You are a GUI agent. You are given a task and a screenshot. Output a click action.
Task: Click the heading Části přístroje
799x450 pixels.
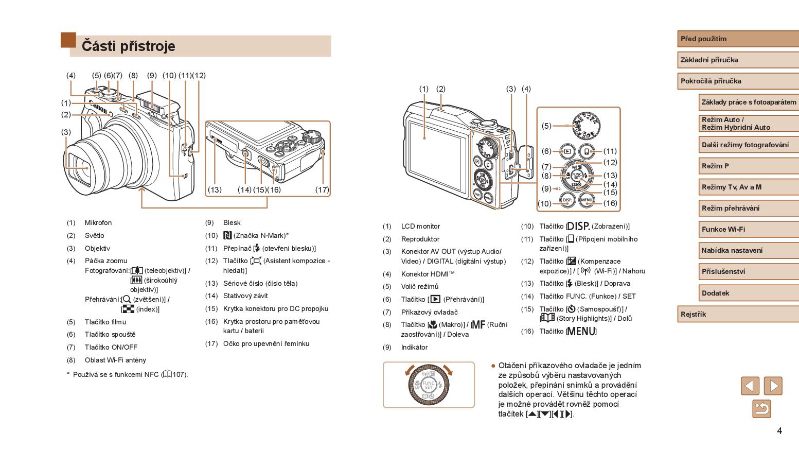click(x=129, y=46)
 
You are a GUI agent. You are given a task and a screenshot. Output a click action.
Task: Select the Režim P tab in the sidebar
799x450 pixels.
click(x=715, y=166)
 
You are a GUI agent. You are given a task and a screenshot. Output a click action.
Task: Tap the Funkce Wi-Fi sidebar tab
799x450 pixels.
click(x=723, y=229)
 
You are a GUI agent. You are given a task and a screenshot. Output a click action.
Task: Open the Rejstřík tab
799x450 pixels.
click(x=694, y=314)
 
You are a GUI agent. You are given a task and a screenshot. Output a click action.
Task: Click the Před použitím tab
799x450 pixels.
click(x=704, y=39)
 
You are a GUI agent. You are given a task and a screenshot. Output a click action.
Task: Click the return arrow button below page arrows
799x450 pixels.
click(x=761, y=409)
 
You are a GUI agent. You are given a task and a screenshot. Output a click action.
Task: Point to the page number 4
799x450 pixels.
click(x=779, y=431)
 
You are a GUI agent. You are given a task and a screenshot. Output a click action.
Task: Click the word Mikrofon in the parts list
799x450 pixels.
click(x=98, y=223)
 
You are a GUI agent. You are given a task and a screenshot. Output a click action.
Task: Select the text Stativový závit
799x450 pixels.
click(x=245, y=296)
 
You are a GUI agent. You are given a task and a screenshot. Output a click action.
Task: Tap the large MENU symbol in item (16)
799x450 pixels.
click(x=581, y=331)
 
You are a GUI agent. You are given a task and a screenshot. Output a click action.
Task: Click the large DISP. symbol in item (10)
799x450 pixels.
click(x=578, y=226)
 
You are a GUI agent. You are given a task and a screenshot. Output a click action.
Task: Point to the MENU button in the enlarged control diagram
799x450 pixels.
click(x=586, y=200)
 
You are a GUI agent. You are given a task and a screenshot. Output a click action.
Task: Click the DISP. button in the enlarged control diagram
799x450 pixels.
click(x=567, y=200)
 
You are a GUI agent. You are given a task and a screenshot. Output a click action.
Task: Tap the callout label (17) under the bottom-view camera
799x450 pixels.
click(x=322, y=189)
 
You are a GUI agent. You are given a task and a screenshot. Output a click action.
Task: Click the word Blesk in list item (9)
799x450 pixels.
click(x=232, y=223)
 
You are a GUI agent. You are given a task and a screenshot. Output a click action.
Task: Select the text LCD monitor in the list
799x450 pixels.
click(x=420, y=227)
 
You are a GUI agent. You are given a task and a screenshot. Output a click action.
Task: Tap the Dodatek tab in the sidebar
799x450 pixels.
click(x=716, y=293)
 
